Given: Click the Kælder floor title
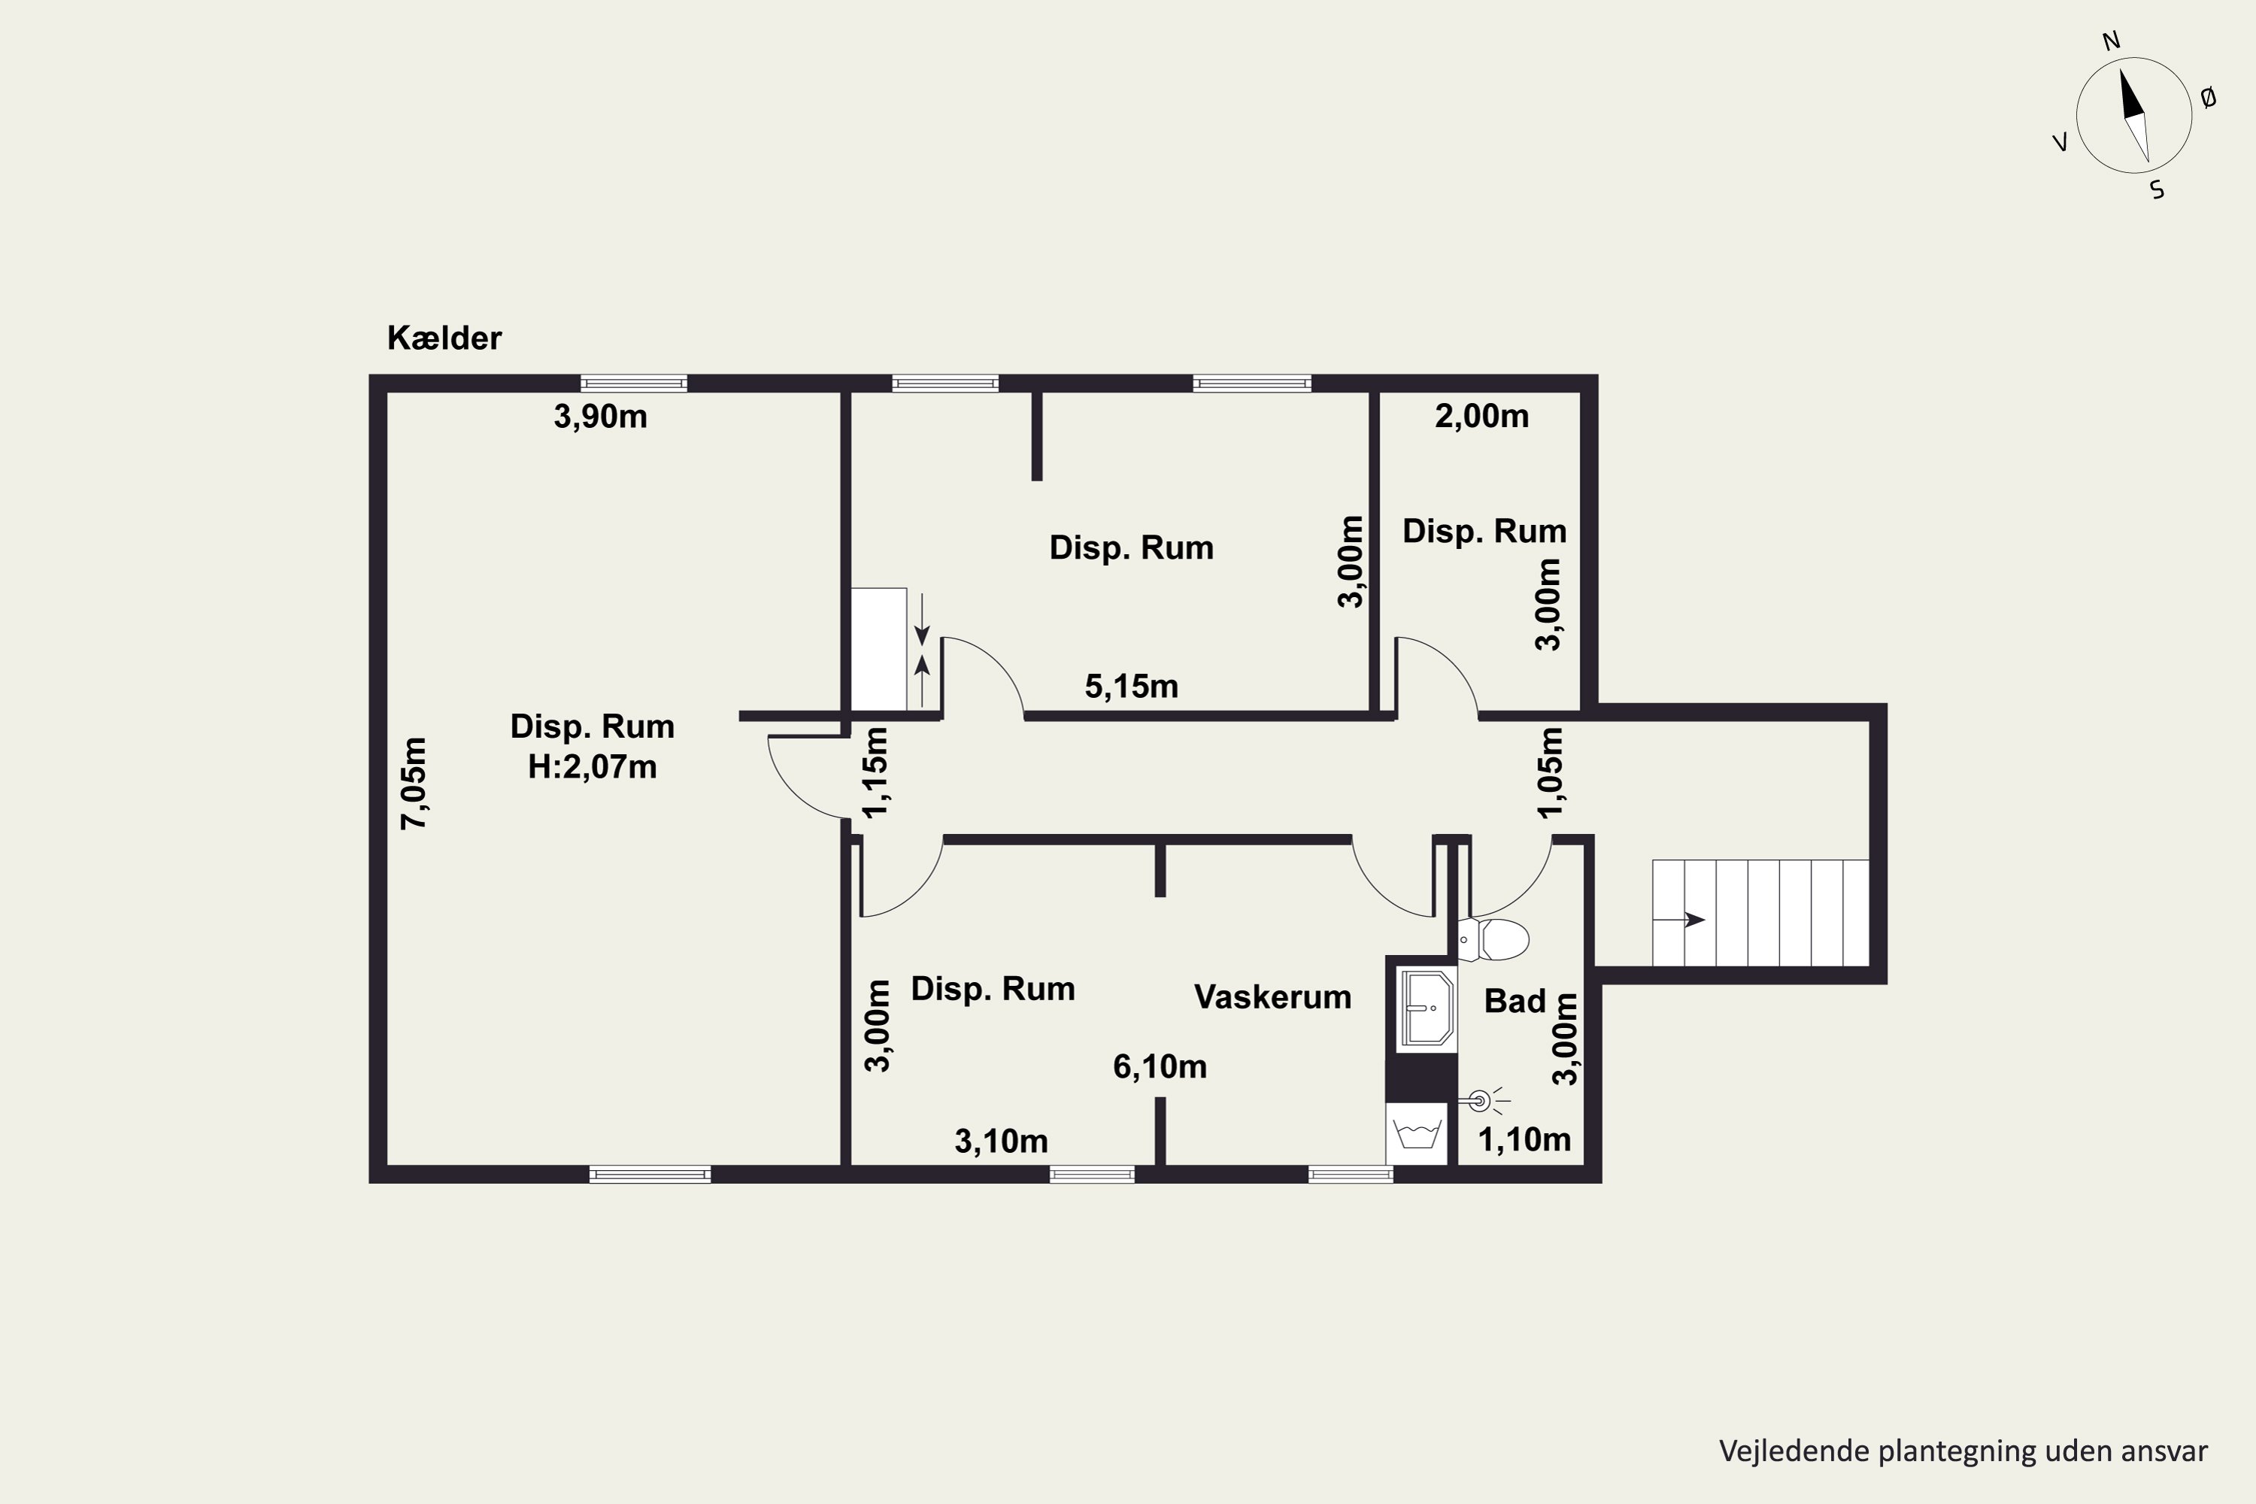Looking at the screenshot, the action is click(x=444, y=338).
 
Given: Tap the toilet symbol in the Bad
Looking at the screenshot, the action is click(x=1493, y=940).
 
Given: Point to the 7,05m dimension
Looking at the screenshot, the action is click(x=414, y=783).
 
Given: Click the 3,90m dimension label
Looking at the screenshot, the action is click(x=600, y=417).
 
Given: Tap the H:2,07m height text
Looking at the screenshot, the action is click(x=592, y=767).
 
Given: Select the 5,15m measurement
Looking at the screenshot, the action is click(x=1131, y=686).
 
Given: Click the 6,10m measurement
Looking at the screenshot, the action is click(x=1160, y=1066).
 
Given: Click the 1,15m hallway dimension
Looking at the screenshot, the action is click(x=876, y=773).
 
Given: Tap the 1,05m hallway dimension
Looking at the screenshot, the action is click(x=1550, y=773).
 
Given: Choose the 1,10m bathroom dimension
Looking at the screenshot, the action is click(x=1524, y=1139).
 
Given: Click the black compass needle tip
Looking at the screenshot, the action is click(x=2121, y=70).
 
